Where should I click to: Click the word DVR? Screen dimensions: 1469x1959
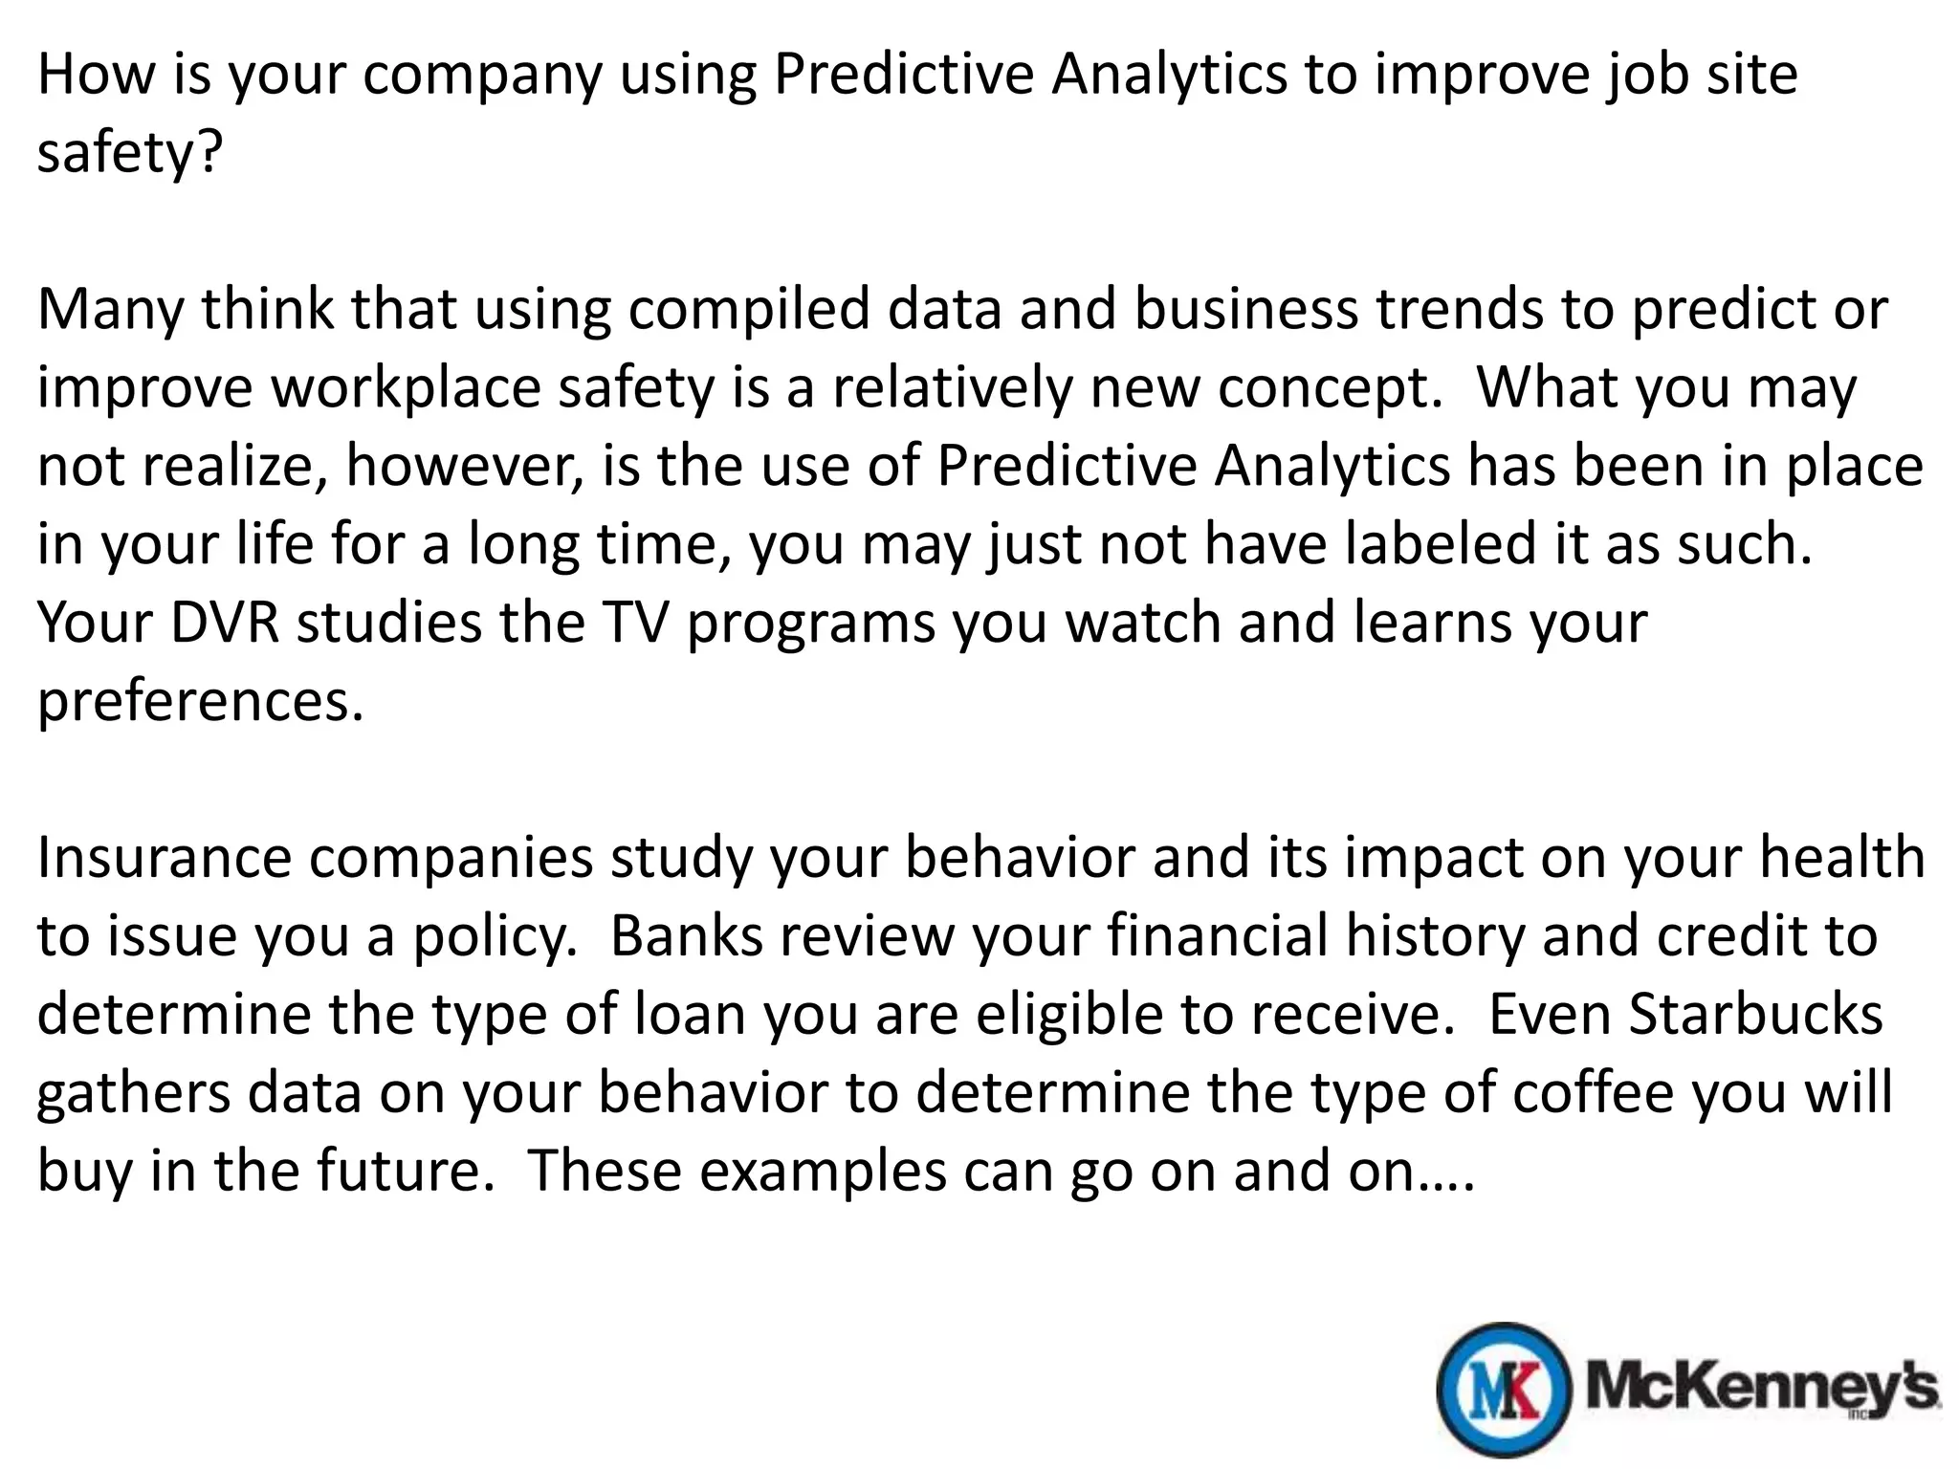pyautogui.click(x=226, y=623)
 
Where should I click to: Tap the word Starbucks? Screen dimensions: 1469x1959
pyautogui.click(x=1755, y=1015)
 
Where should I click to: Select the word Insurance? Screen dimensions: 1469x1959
pyautogui.click(x=164, y=858)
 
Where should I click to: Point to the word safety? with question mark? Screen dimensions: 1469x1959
pyautogui.click(x=129, y=153)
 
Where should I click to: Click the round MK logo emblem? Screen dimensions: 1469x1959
pyautogui.click(x=1504, y=1390)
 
